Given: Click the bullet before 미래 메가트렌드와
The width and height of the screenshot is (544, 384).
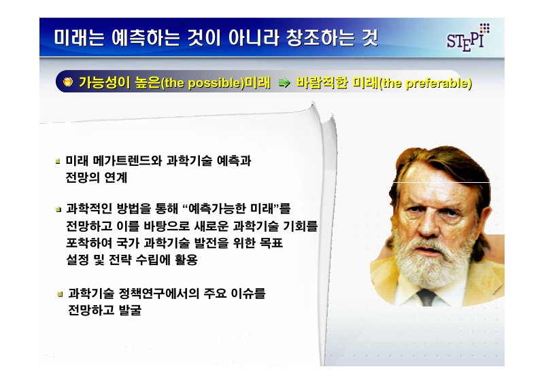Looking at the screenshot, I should pos(58,162).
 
